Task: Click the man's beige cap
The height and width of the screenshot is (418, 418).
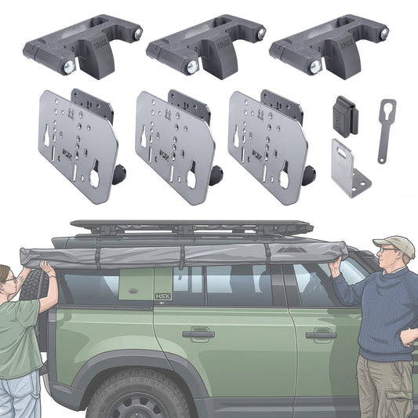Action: pos(393,245)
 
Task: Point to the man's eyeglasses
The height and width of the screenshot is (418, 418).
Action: pos(387,250)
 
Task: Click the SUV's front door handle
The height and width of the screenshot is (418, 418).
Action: pos(320,336)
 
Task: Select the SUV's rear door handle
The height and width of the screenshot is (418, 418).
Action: pos(198,334)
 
